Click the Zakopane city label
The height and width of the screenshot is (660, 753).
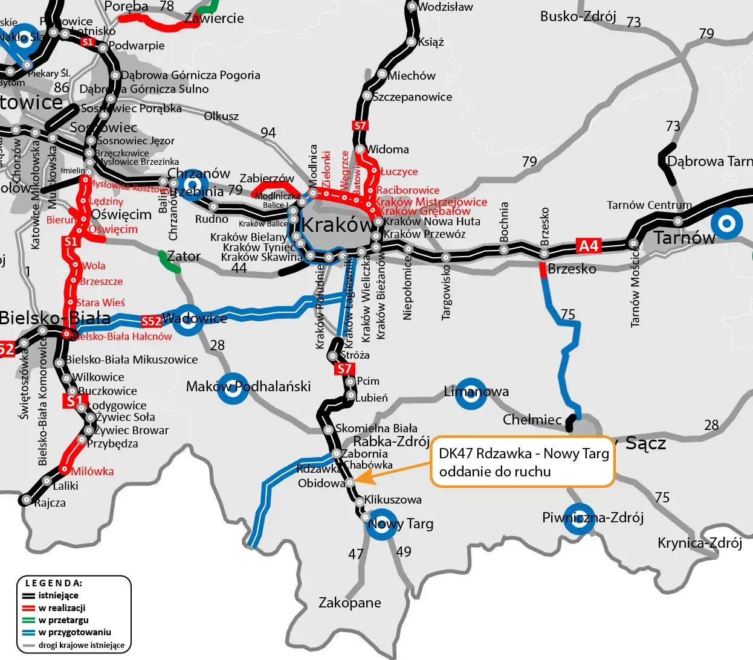point(349,603)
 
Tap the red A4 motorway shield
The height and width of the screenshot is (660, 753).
point(588,246)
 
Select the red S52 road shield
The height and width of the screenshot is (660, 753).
point(151,321)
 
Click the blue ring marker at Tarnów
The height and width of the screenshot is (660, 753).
point(726,224)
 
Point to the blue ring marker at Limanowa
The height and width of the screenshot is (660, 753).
point(471,394)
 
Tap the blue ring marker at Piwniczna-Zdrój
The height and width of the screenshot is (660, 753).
point(579,519)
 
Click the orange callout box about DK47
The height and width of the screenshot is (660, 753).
point(522,462)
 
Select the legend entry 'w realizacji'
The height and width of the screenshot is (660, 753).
point(62,608)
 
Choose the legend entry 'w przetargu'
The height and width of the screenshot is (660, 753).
point(63,620)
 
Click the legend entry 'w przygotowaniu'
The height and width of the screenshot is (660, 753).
point(74,632)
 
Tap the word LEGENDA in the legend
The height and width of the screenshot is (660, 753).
point(54,583)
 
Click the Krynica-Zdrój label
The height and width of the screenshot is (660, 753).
point(699,543)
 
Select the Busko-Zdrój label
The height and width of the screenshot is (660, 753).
point(578,16)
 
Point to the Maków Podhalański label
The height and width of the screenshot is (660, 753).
point(248,386)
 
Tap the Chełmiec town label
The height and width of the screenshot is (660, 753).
point(532,420)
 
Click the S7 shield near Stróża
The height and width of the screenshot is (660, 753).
point(344,369)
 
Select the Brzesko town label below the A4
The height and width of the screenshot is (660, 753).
point(572,269)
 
